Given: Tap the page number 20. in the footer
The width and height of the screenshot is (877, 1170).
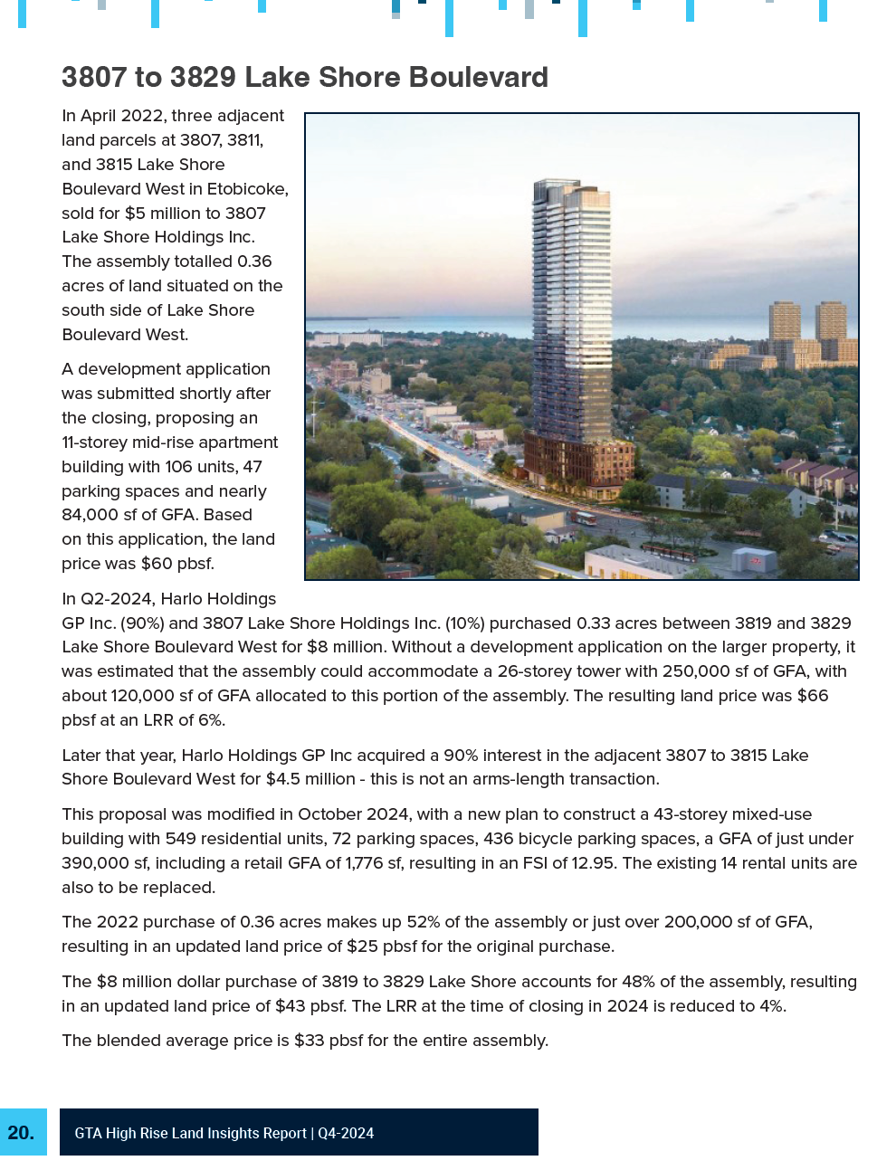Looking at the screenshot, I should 21,1133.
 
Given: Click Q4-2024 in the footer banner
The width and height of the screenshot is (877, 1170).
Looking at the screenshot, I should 346,1134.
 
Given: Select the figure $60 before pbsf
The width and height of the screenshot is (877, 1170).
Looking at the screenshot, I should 157,564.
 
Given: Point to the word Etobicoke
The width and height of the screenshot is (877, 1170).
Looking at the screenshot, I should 246,189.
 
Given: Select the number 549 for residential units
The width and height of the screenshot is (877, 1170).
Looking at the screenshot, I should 181,839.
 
